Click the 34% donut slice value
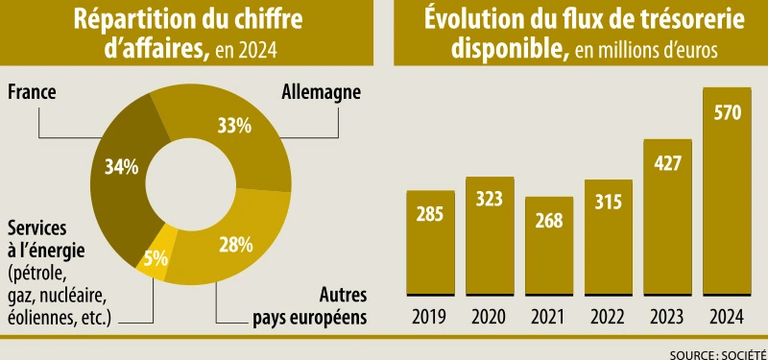point(122,166)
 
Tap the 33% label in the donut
point(234,125)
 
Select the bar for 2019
point(430,242)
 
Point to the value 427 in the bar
point(668,161)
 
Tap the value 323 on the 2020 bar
point(490,200)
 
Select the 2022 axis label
point(609,315)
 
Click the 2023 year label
point(668,315)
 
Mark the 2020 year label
point(490,315)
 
